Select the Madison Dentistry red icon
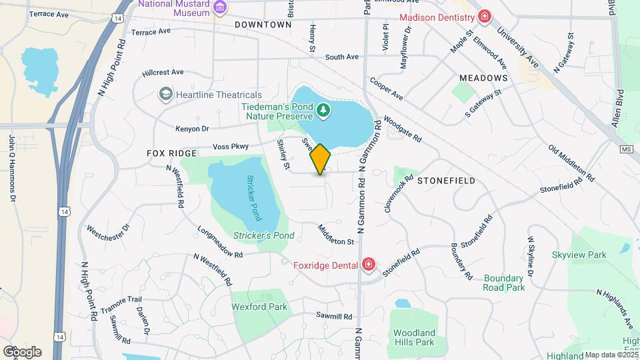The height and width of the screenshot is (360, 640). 485,17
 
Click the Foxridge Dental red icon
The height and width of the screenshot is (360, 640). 368,265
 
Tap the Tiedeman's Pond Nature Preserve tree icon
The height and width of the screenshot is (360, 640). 323,109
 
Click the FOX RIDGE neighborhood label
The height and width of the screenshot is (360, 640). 172,153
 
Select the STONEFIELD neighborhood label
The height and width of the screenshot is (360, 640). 446,181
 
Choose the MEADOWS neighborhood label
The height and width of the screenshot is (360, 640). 483,78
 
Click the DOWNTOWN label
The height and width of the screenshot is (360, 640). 263,25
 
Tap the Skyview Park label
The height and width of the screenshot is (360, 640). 579,255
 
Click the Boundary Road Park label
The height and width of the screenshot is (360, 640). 505,283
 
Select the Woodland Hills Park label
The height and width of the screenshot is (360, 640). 414,337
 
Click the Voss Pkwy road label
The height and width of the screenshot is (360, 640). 230,147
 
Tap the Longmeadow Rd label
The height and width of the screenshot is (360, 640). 221,241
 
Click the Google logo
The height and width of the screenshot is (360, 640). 21,351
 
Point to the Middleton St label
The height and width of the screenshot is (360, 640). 336,234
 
